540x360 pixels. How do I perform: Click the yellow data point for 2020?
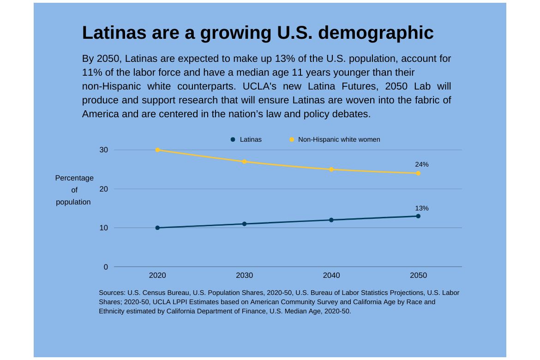tap(157, 150)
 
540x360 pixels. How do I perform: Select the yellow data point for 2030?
tap(244, 162)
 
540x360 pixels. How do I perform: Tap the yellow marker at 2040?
tap(331, 169)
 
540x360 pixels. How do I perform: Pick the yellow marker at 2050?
tap(418, 174)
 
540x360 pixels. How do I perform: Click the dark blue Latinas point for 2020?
tap(157, 228)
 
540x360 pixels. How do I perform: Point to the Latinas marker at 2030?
tap(244, 224)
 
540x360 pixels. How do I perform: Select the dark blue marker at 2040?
tap(331, 220)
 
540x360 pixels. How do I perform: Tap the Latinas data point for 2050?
tap(418, 216)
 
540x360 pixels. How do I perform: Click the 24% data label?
tap(421, 164)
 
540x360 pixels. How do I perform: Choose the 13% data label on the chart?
tap(421, 208)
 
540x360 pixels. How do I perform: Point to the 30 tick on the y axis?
tap(103, 150)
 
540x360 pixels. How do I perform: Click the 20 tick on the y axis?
tap(103, 189)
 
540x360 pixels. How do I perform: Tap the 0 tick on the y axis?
tap(106, 267)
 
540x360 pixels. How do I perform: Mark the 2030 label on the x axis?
tap(244, 276)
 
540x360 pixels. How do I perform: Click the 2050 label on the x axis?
tap(418, 276)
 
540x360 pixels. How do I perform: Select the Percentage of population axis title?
tap(74, 190)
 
